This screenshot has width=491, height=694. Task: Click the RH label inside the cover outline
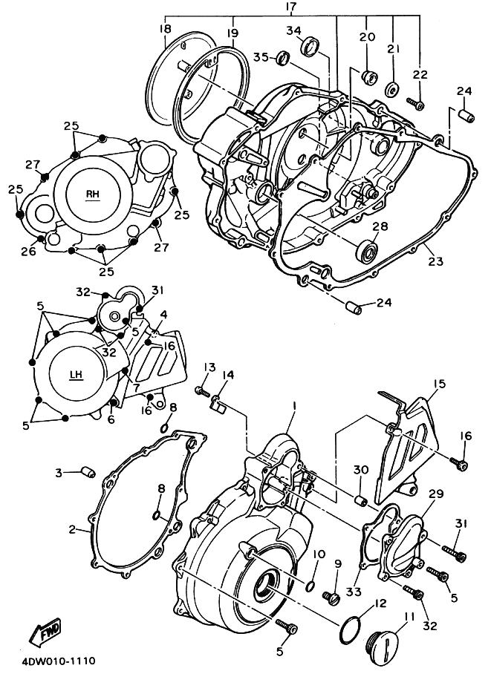click(x=92, y=194)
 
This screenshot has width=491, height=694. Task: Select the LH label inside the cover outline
click(x=76, y=375)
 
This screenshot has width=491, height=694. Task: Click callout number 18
click(x=165, y=28)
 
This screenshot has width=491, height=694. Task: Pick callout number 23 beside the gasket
click(x=435, y=261)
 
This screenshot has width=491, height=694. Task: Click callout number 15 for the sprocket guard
click(x=439, y=384)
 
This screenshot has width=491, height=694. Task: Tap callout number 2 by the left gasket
click(x=72, y=529)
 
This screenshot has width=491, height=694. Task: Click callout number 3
click(x=57, y=471)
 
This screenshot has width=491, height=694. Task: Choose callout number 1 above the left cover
click(x=294, y=406)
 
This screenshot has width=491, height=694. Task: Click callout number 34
click(x=293, y=30)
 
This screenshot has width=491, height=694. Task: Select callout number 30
click(x=360, y=470)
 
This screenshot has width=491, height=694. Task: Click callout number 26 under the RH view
click(x=28, y=252)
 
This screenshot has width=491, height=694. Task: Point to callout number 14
click(x=228, y=376)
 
